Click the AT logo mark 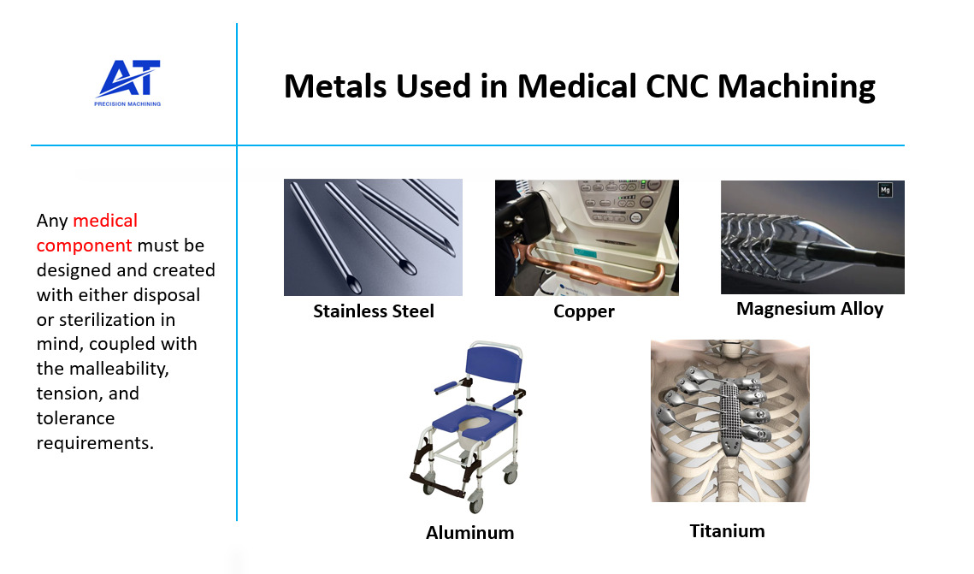128,79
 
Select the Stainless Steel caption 374,311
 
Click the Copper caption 584,311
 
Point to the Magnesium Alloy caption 810,309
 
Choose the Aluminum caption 470,533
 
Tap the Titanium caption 727,531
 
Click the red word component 84,246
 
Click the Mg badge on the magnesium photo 885,190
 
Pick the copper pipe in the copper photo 599,279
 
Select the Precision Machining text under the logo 127,104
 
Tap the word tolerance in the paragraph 75,419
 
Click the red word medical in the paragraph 105,221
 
